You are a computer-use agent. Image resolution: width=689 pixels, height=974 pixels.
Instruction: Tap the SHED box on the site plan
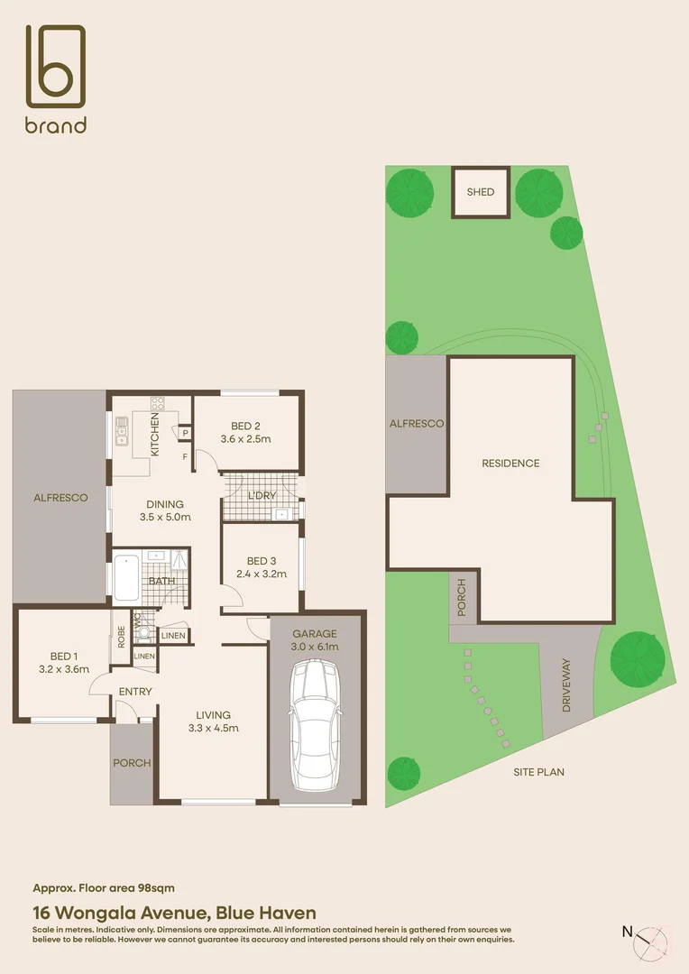tap(480, 192)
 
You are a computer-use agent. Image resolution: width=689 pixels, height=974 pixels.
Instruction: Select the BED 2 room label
tap(245, 426)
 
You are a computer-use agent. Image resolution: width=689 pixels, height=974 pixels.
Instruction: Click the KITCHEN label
tap(155, 436)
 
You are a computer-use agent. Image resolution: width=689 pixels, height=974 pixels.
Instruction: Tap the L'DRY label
tap(262, 497)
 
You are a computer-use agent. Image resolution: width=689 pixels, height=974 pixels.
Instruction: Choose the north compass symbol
tap(652, 940)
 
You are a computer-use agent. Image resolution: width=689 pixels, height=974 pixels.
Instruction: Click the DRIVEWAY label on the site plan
tap(566, 685)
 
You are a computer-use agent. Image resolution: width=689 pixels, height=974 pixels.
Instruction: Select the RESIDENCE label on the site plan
tap(510, 463)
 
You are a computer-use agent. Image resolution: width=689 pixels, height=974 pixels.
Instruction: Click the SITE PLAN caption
tap(538, 772)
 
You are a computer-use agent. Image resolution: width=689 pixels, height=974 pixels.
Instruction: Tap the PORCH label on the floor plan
tap(132, 763)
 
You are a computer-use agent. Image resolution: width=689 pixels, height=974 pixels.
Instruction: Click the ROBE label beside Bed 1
tap(119, 632)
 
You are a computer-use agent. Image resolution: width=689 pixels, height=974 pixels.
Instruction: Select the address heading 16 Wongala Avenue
tap(174, 913)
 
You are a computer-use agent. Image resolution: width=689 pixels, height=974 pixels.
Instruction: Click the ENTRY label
tap(134, 692)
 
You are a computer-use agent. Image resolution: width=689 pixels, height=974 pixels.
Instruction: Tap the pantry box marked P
tap(184, 434)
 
